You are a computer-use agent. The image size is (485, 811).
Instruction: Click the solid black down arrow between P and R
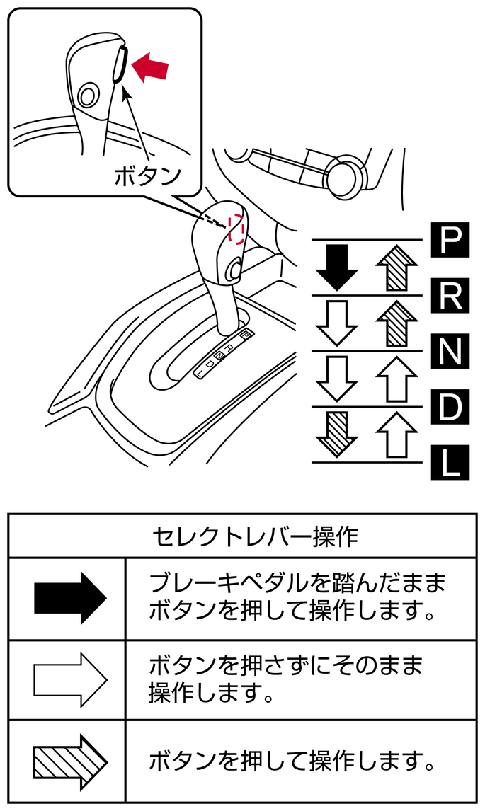tap(336, 268)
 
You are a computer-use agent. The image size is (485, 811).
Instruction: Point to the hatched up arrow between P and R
tap(396, 268)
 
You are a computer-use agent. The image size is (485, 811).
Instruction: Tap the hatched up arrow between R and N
tap(396, 323)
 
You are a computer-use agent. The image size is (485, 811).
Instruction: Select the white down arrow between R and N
tap(336, 323)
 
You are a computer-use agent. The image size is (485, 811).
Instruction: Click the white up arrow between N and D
tap(396, 379)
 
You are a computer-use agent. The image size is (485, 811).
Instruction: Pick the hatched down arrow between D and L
tap(336, 434)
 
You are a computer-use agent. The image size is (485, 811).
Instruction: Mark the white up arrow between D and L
tap(396, 434)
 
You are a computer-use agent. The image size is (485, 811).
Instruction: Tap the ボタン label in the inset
tap(148, 176)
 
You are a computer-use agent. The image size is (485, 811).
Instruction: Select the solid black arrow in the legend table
tap(70, 599)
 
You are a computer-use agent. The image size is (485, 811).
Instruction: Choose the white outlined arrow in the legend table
tap(70, 680)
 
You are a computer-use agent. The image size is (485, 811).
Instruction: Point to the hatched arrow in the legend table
tap(70, 761)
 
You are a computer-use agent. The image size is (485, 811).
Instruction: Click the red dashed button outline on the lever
tap(236, 227)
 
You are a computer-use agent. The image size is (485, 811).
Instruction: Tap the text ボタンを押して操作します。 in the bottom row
tap(291, 761)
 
